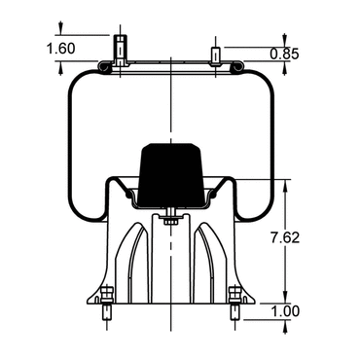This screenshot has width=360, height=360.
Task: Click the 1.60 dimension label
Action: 61,49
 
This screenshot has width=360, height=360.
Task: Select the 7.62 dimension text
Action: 285,238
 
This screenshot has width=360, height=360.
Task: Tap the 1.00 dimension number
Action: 285,311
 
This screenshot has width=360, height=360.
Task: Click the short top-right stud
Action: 216,55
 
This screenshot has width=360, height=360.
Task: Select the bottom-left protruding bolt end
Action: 107,312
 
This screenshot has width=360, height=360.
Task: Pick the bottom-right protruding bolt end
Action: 234,312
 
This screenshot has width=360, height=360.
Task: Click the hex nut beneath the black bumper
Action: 171,222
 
